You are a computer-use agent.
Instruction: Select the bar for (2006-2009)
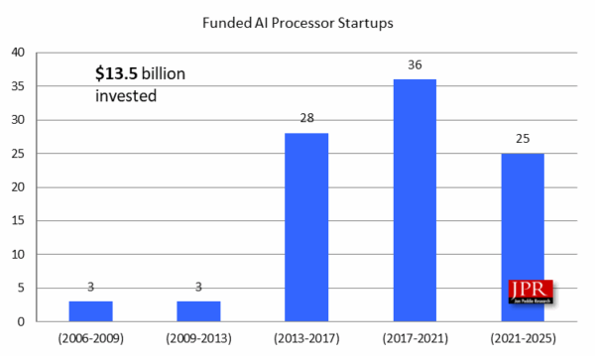[x=90, y=311]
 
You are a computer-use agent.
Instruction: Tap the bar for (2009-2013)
[x=198, y=311]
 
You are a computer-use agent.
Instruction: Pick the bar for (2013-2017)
[x=306, y=227]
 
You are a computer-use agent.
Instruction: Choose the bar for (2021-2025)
[x=522, y=238]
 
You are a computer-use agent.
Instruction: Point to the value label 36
[x=415, y=65]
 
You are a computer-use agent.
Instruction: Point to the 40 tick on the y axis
[x=19, y=54]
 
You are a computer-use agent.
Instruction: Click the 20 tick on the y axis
[x=19, y=187]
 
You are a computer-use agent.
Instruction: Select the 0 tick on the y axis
[x=23, y=322]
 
